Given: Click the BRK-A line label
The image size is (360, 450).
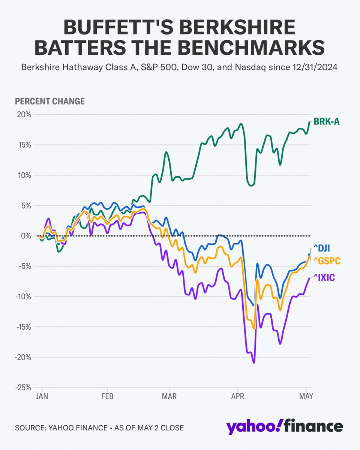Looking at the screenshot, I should (x=326, y=121).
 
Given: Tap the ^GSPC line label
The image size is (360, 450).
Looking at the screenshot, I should (x=327, y=260).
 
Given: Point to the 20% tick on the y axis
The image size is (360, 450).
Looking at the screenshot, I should (x=24, y=114).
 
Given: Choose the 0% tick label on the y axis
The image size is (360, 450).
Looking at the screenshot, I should (x=26, y=236).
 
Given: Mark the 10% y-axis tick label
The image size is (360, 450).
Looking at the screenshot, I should (x=24, y=175).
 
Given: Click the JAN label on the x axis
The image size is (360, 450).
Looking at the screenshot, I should (x=42, y=396).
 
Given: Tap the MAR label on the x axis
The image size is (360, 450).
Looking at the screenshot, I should (x=169, y=396).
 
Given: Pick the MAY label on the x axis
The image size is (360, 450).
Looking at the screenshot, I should (x=307, y=396).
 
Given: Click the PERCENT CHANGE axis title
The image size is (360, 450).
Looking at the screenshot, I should (x=49, y=101).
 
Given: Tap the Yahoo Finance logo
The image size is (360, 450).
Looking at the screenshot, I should (x=284, y=427).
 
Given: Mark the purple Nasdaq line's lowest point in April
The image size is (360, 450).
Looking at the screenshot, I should (x=254, y=363).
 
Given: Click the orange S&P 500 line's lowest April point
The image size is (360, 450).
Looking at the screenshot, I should (x=254, y=328).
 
